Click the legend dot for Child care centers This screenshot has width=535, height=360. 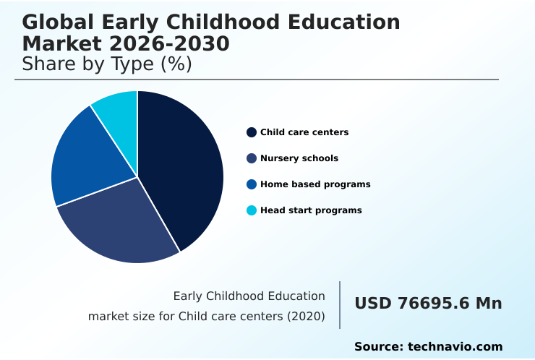252,132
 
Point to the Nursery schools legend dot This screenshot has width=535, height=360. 252,158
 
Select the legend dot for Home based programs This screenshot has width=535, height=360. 252,184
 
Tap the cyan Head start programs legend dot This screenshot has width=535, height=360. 252,210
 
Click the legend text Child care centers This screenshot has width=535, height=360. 304,132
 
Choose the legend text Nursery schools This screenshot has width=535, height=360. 299,158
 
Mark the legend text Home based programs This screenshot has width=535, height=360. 315,184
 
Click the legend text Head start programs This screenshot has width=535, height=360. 311,210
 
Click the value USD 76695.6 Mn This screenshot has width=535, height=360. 428,304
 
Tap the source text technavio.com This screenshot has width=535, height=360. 455,347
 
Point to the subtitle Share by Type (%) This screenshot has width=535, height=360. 107,64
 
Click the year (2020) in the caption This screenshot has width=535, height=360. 306,317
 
